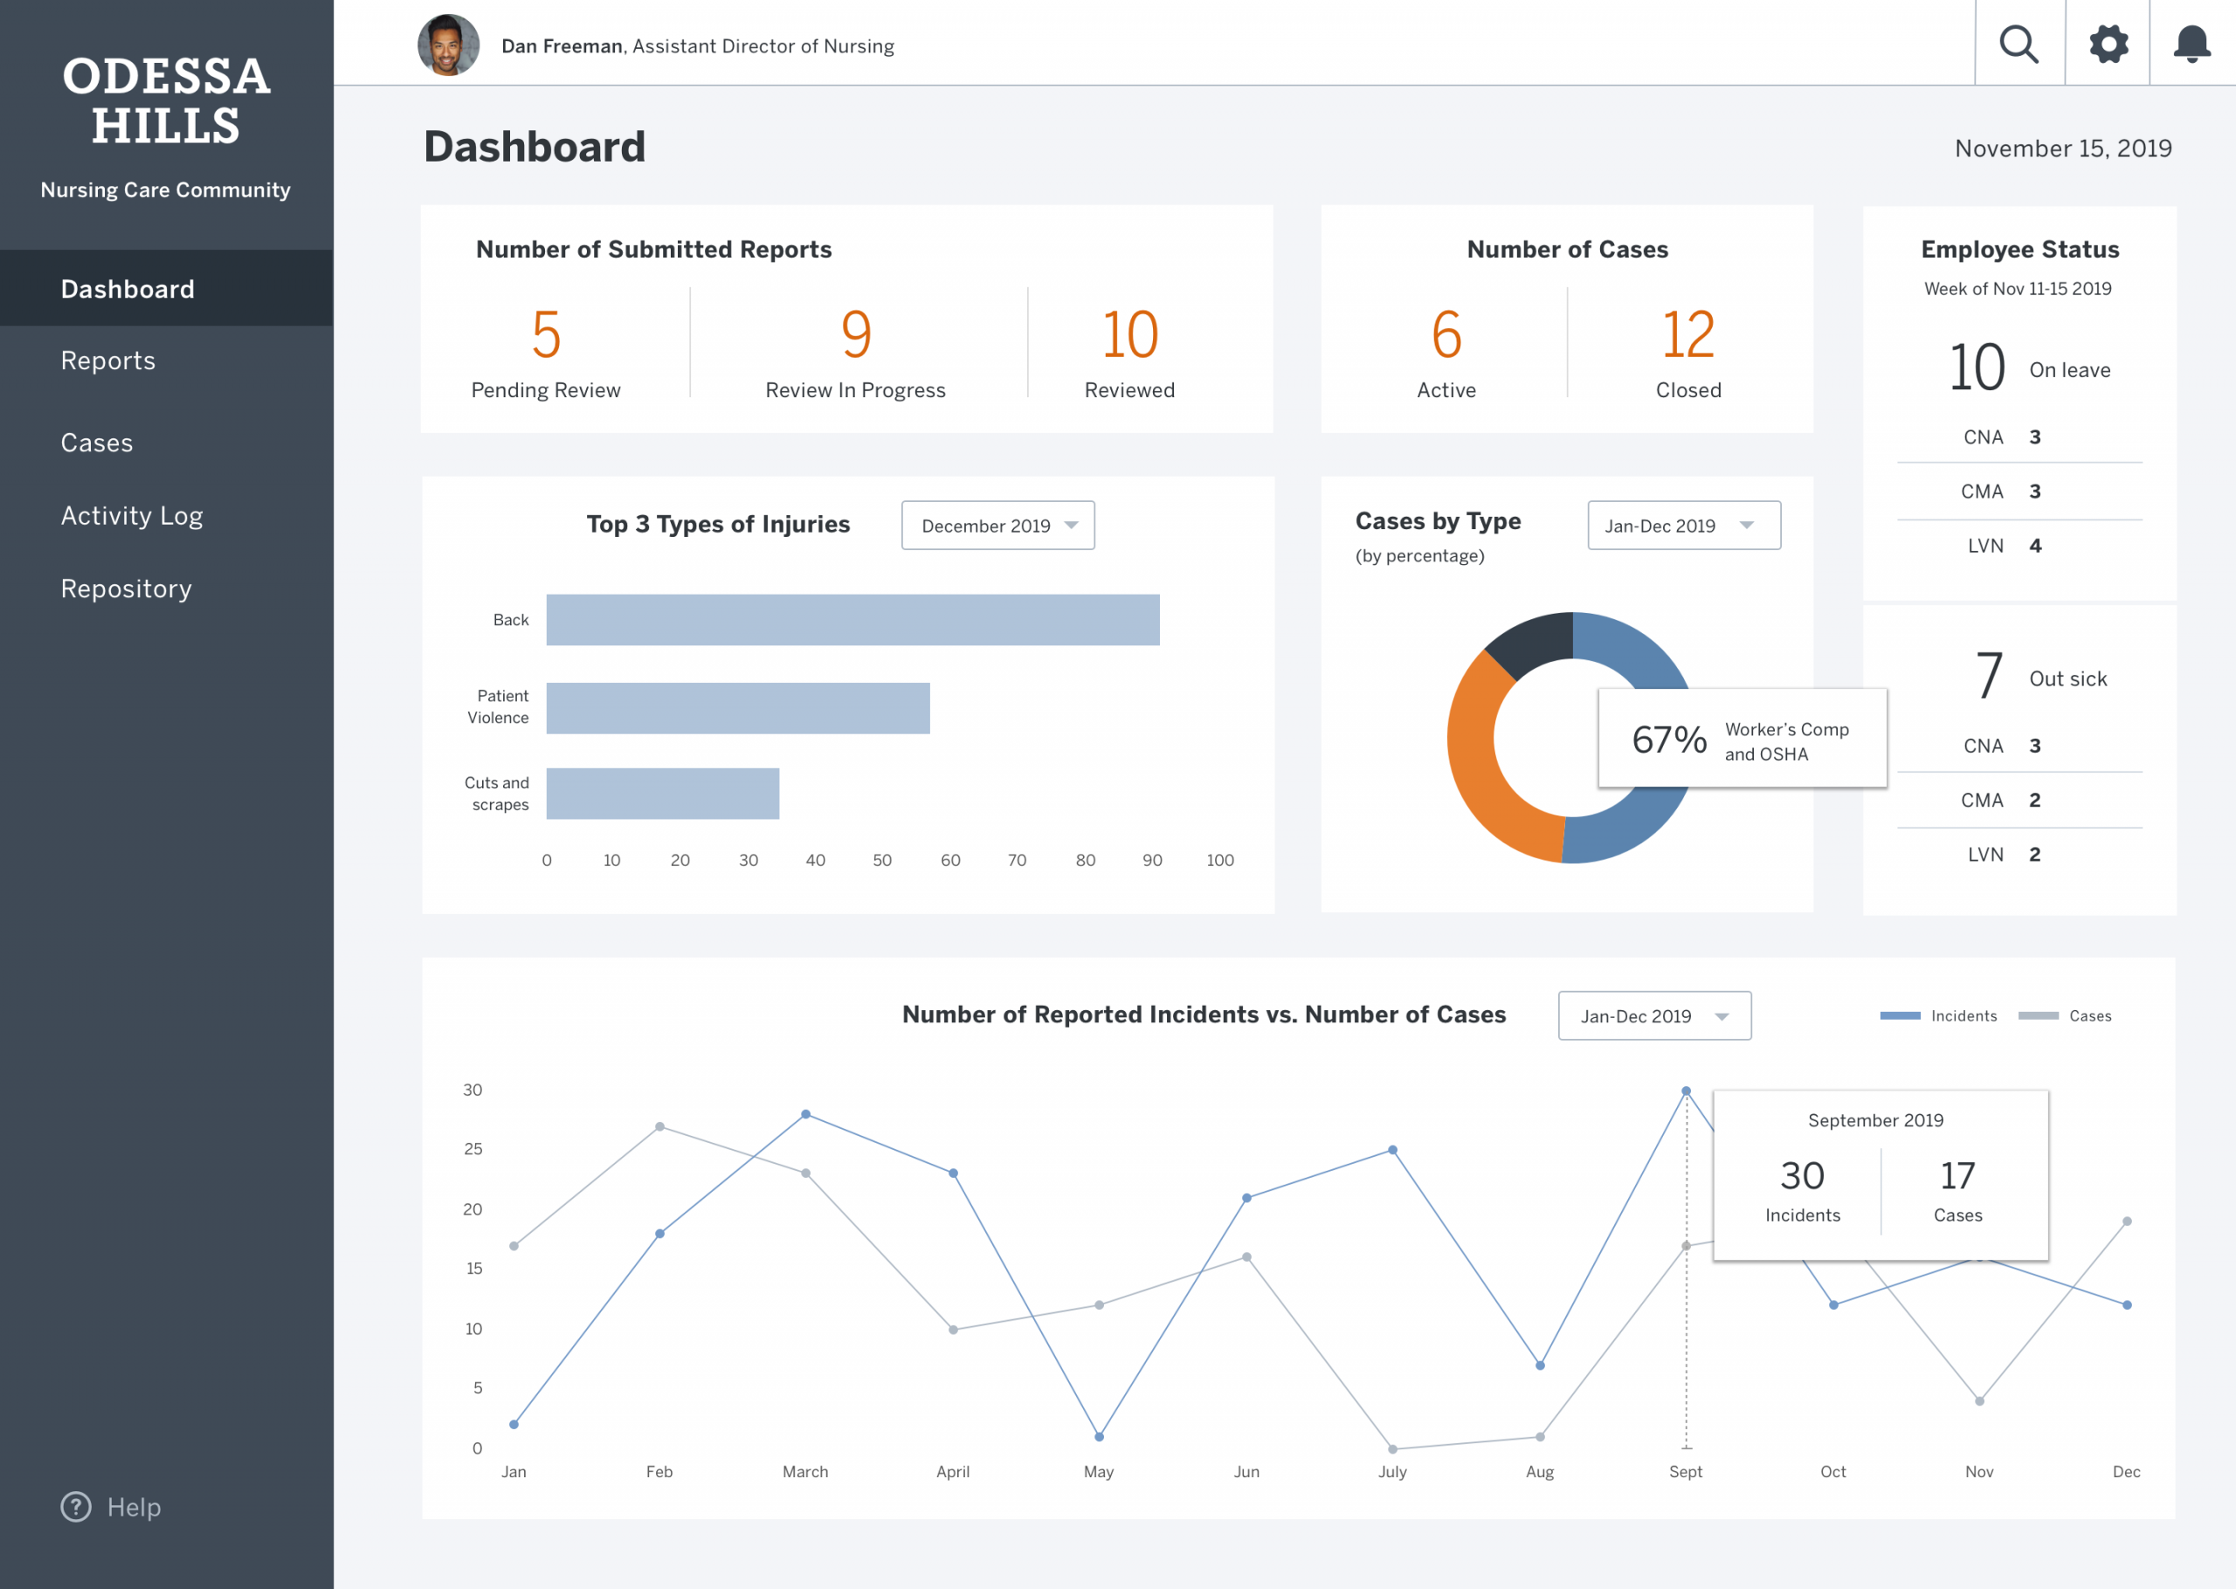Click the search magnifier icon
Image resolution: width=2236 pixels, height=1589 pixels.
click(x=2019, y=44)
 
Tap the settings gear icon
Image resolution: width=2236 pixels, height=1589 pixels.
click(x=2108, y=44)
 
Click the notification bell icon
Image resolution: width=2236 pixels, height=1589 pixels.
click(x=2192, y=44)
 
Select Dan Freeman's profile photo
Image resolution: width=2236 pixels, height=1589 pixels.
click(x=448, y=45)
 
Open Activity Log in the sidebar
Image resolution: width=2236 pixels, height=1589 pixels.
click(x=132, y=516)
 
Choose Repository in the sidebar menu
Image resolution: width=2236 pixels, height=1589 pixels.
click(x=127, y=588)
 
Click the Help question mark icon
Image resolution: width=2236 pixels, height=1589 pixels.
click(x=76, y=1507)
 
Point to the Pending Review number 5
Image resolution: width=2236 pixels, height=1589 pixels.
click(x=546, y=334)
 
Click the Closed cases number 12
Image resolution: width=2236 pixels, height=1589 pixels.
click(x=1688, y=334)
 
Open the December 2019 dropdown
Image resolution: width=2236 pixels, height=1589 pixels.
click(x=998, y=526)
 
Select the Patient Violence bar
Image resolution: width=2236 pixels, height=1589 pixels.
click(x=738, y=708)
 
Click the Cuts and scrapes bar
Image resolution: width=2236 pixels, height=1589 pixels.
click(x=662, y=794)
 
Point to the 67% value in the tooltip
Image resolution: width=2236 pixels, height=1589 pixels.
click(x=1669, y=739)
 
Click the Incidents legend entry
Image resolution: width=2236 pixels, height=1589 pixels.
click(x=1938, y=1015)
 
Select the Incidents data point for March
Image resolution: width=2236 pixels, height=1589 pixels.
click(x=805, y=1114)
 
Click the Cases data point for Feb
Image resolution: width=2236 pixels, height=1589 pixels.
click(x=659, y=1127)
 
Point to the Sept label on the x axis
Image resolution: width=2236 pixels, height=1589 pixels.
click(x=1685, y=1472)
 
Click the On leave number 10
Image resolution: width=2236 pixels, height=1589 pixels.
click(x=1977, y=368)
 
